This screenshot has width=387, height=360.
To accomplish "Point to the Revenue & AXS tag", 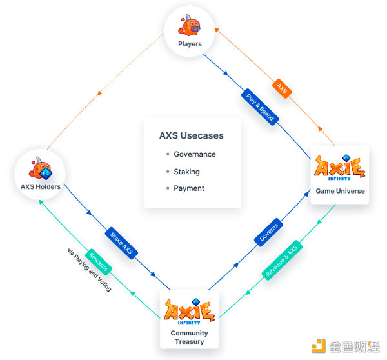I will [x=281, y=261].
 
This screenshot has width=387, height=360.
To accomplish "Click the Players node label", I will [x=190, y=44].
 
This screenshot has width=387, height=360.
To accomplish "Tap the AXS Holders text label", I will [x=40, y=186].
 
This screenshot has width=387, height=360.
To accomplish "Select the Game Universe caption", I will [x=340, y=191].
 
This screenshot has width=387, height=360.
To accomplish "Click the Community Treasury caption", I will [x=190, y=337].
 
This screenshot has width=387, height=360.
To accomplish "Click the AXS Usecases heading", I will [x=192, y=136].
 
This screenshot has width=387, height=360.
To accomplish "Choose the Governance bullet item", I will [x=194, y=155].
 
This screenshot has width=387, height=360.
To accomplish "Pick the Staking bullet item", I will [x=186, y=172].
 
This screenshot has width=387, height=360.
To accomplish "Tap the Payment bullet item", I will [x=188, y=188].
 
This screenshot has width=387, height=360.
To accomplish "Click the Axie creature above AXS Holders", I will [x=41, y=170].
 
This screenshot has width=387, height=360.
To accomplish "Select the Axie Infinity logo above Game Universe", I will [x=340, y=167].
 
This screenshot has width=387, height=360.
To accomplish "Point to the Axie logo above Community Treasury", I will [x=190, y=310].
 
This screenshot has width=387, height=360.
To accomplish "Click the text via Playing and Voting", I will [x=88, y=270].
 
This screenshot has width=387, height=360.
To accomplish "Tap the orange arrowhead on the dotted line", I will [x=99, y=95].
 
